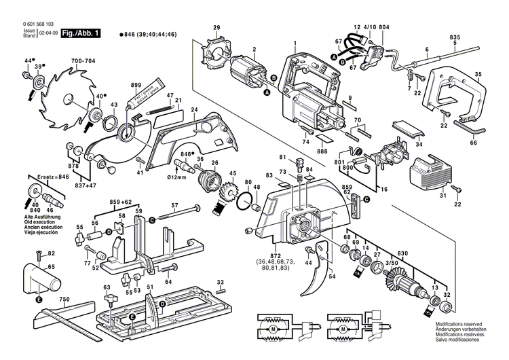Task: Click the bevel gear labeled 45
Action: pyautogui.click(x=229, y=198)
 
